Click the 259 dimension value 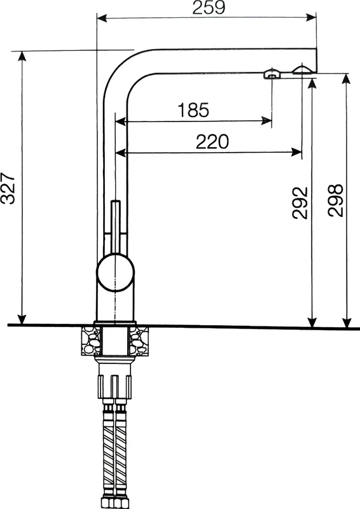coord(209,8)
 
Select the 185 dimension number coord(193,109)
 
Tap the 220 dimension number coord(212,141)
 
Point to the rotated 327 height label coord(8,188)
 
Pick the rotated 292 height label coord(300,202)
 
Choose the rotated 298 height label coord(335,200)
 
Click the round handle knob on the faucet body coord(115,272)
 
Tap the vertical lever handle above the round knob coord(116,227)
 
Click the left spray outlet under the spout coord(272,74)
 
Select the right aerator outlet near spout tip coord(303,69)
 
